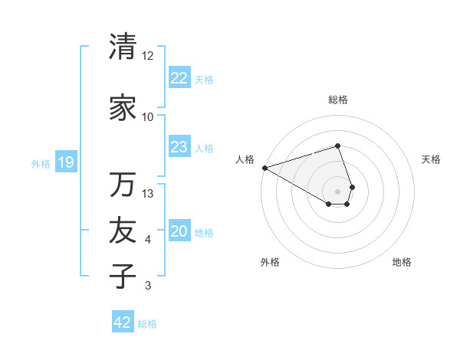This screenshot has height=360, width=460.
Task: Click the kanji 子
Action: [123, 276]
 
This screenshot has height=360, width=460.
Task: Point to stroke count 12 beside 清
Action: [148, 56]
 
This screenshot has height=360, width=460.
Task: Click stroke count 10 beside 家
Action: [148, 117]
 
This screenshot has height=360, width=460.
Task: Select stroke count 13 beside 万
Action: [148, 194]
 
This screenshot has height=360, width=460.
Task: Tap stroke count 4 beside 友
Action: [148, 241]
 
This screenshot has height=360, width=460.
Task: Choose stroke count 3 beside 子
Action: [148, 286]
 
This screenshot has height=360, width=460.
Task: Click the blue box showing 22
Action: [179, 77]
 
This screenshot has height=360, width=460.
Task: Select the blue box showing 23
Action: [179, 147]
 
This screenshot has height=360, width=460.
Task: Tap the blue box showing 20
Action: [179, 231]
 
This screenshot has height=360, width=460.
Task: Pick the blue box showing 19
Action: [65, 162]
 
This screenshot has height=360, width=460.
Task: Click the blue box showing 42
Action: [123, 322]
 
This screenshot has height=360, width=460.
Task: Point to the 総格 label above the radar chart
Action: [337, 100]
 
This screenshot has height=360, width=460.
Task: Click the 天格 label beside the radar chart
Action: [431, 159]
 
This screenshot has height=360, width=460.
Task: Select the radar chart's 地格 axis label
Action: [402, 262]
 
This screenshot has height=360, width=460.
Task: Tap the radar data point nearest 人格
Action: [264, 167]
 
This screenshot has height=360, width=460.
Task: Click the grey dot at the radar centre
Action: [337, 191]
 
